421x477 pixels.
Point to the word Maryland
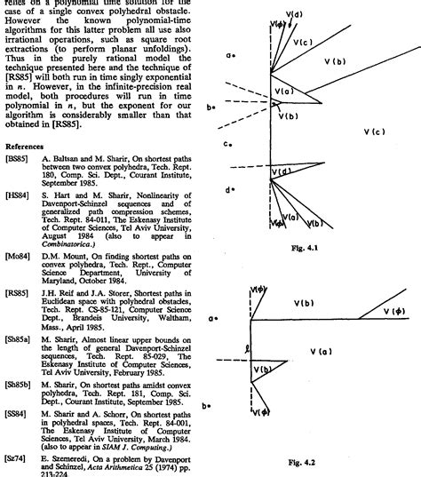click(60, 281)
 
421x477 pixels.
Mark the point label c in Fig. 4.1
click(228, 143)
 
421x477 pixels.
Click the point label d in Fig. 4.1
click(230, 190)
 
